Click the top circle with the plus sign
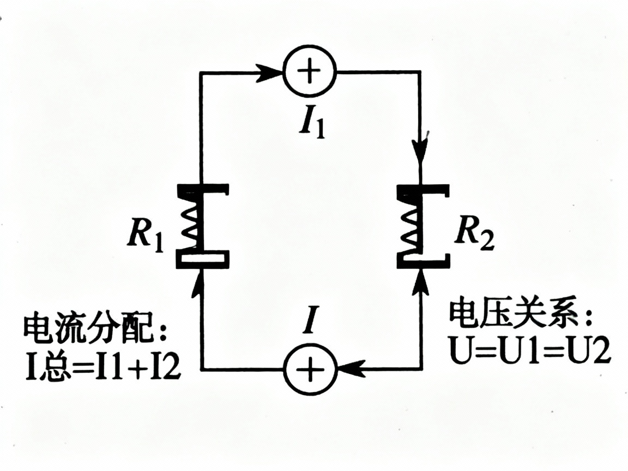click(310, 71)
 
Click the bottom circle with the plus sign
click(310, 371)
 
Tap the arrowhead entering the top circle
click(267, 71)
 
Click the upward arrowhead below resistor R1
click(201, 282)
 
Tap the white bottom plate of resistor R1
click(202, 257)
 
